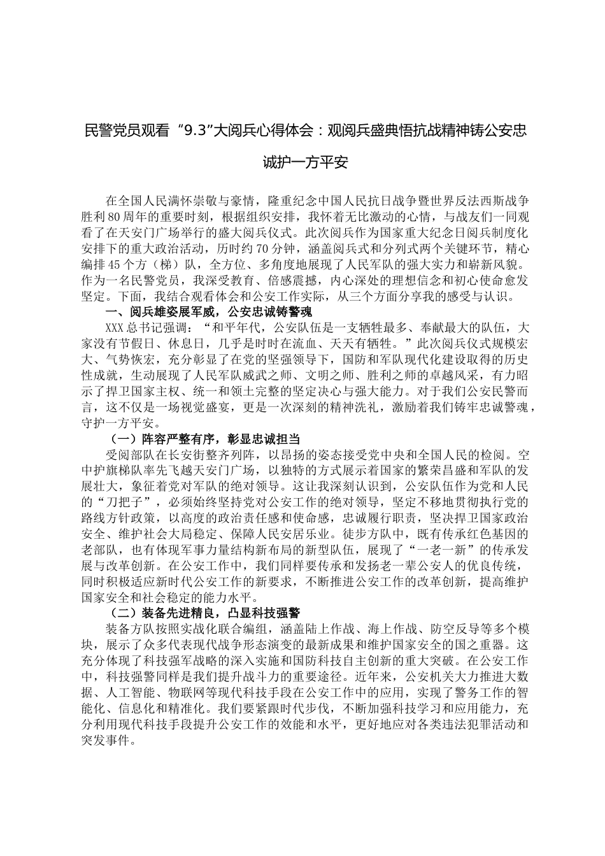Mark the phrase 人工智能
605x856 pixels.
(133, 692)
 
